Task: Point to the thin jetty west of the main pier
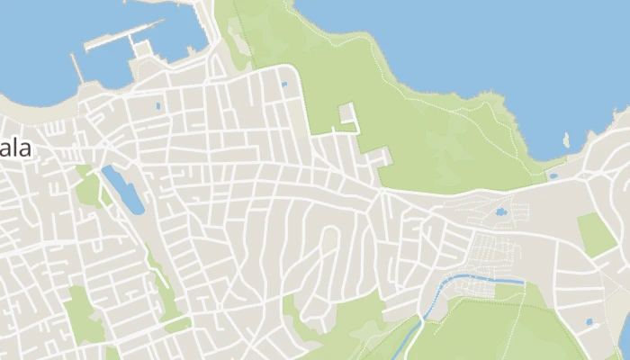click(x=76, y=68)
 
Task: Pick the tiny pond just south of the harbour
click(x=158, y=106)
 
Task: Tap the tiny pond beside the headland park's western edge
click(x=283, y=85)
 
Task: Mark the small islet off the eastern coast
click(x=566, y=141)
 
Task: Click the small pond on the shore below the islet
click(x=553, y=175)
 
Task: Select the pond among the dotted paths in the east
click(x=500, y=213)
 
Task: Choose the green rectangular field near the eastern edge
click(x=596, y=233)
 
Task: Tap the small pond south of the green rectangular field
click(x=589, y=321)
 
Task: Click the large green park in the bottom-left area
click(x=83, y=315)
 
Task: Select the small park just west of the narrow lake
click(x=88, y=190)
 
